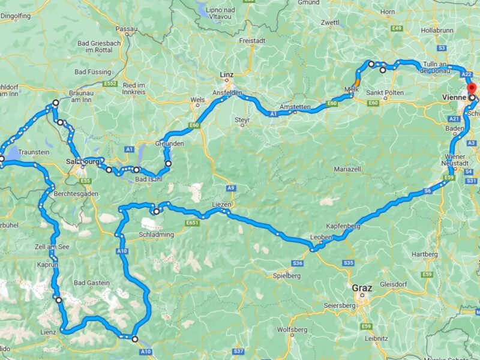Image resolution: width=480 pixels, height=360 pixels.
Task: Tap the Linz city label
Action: click(226, 74)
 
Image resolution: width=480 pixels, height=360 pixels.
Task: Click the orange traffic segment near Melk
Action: click(357, 82)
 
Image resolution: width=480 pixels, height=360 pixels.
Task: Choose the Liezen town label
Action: click(221, 205)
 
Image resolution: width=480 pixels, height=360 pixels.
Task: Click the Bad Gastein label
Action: click(91, 283)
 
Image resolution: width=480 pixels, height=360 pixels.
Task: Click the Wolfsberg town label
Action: click(292, 330)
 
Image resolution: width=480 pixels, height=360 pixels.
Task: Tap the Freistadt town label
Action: click(252, 41)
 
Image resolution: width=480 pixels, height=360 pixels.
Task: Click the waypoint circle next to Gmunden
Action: click(169, 163)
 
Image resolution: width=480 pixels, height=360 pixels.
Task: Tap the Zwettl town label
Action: click(330, 23)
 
